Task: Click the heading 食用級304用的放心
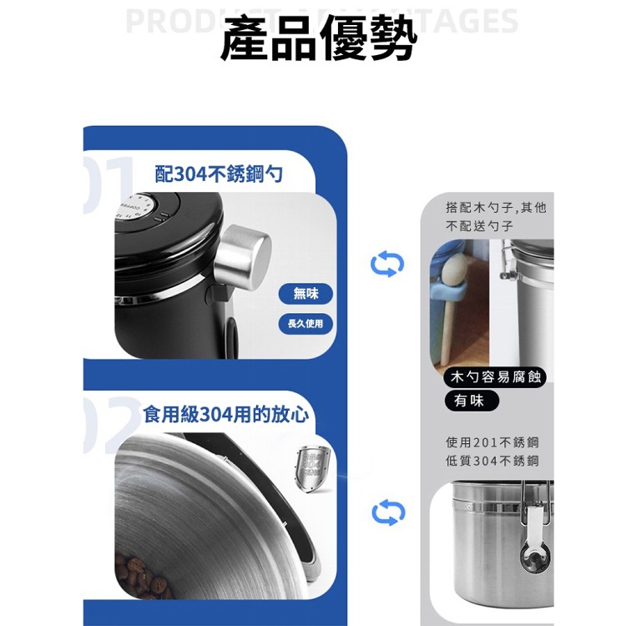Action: (x=226, y=413)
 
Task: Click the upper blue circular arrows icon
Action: (x=387, y=265)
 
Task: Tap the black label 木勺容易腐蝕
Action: (x=496, y=378)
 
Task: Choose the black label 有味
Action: (x=470, y=401)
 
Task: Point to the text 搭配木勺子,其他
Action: (x=496, y=207)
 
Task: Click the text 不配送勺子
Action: (x=479, y=226)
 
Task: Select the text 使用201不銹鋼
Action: (x=492, y=442)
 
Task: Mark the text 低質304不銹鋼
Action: (x=492, y=461)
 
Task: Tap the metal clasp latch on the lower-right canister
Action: (x=531, y=534)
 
